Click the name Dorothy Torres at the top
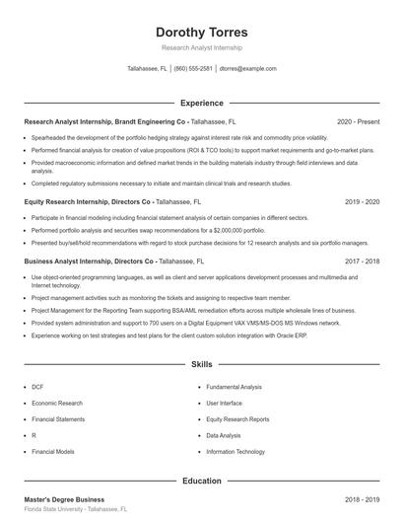[x=201, y=32]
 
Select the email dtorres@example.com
[x=247, y=69]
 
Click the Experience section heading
[x=201, y=103]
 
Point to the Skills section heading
[x=201, y=364]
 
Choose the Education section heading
[x=201, y=481]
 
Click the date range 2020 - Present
[x=358, y=121]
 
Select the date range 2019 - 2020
[x=362, y=200]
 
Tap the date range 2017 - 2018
[x=362, y=261]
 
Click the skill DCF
[x=36, y=387]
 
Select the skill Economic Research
[x=57, y=403]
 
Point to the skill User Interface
[x=224, y=403]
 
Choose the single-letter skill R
[x=34, y=435]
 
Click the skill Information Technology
[x=236, y=451]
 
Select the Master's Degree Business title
[x=64, y=499]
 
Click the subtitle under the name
[x=201, y=47]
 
